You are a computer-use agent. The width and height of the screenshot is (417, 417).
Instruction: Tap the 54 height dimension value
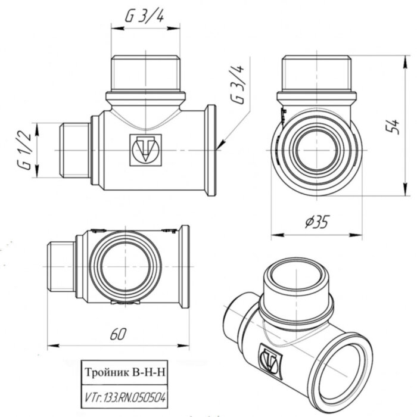click(x=391, y=126)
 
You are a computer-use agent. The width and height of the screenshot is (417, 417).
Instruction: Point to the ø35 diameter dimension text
click(x=316, y=223)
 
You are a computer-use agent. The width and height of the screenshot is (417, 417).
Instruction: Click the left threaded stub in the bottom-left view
click(x=61, y=266)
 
